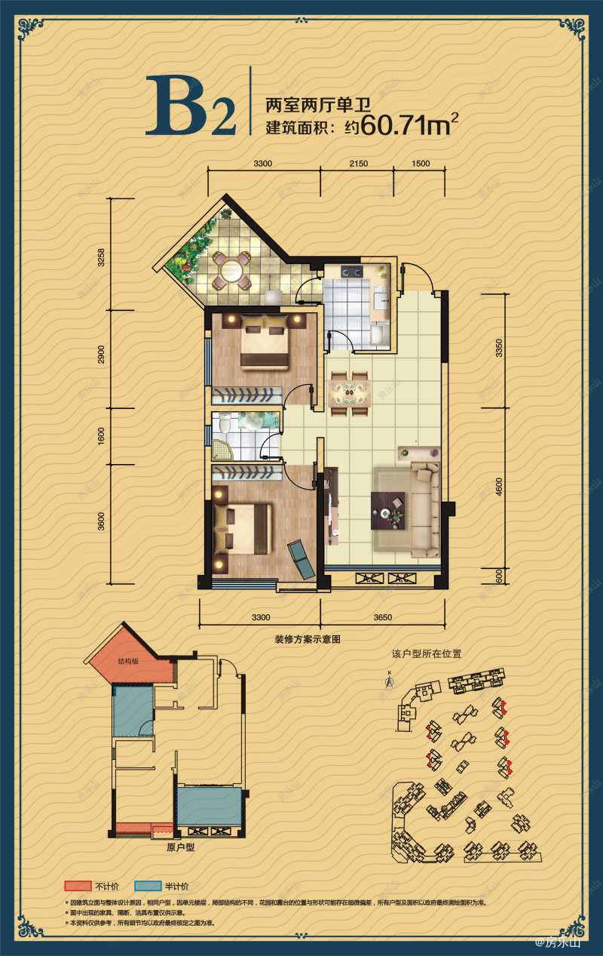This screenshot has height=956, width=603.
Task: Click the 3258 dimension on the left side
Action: tap(103, 258)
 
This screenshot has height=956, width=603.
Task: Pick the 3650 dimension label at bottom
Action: tap(382, 617)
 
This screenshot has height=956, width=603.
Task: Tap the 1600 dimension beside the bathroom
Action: tap(103, 437)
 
